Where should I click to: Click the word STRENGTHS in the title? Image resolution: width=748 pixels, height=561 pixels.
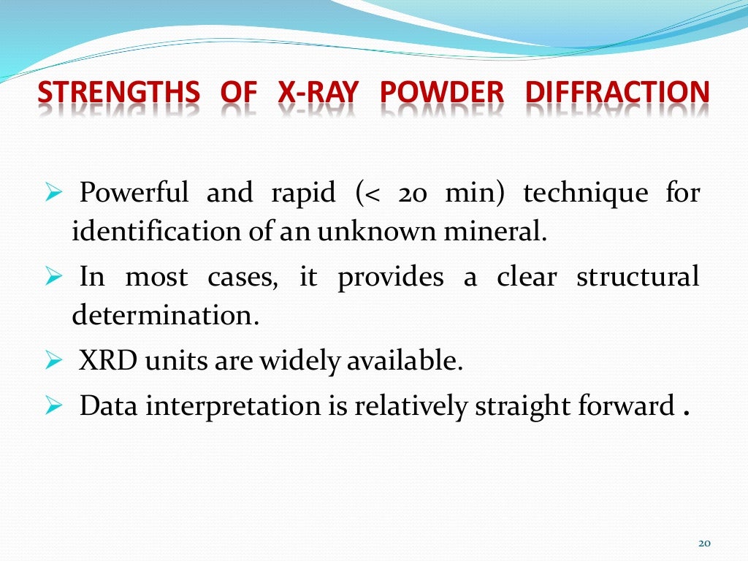118,93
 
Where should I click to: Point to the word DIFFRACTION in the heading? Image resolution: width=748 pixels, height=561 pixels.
617,93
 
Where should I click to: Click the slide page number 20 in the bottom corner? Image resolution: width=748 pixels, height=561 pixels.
704,543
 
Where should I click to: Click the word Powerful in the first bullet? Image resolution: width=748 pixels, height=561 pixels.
134,194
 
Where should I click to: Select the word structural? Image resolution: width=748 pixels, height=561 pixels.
637,278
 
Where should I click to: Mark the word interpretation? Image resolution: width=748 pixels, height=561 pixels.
236,406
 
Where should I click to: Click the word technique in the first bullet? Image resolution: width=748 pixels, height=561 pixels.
585,194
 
